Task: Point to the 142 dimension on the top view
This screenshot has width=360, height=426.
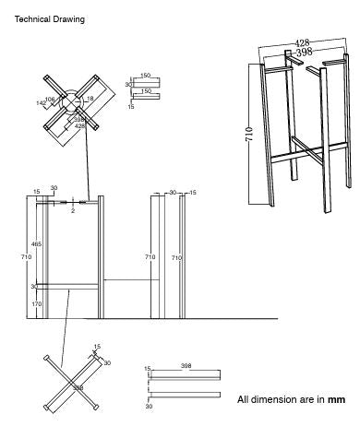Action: click(41, 104)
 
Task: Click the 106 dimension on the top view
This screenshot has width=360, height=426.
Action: click(51, 98)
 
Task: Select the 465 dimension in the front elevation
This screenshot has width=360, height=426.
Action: click(36, 243)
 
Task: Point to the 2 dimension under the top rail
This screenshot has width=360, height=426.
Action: click(73, 210)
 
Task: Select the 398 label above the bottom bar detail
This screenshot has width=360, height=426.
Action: click(186, 366)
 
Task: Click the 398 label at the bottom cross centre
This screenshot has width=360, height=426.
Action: click(78, 388)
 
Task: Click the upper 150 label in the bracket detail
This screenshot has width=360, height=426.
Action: click(145, 76)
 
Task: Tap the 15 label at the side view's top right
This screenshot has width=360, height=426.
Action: click(192, 192)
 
